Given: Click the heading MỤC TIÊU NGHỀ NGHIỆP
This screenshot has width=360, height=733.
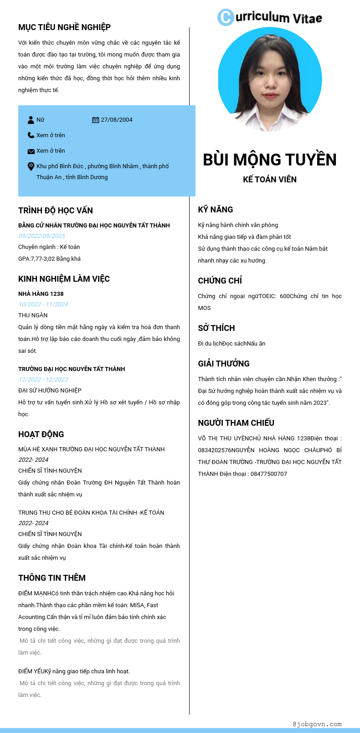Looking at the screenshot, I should [64, 27].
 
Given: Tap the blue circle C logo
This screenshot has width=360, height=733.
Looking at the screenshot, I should [226, 17].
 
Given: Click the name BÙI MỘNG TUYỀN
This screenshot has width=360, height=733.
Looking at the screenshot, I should [270, 160].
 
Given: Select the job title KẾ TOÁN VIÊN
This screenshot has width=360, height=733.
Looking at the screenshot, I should [270, 179].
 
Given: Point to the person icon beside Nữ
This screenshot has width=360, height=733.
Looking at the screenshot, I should [31, 120].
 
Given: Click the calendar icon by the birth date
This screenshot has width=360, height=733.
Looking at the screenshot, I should [95, 120].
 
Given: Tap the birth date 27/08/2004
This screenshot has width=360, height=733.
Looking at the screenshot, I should [117, 120].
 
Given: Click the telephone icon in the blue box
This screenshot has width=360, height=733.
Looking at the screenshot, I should [31, 135].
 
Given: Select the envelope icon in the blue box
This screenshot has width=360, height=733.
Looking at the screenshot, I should [31, 151].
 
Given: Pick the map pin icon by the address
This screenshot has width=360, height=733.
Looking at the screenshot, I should [31, 166].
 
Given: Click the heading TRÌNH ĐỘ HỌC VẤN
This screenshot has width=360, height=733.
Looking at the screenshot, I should [56, 211].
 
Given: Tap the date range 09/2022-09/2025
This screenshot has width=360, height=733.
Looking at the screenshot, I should [41, 236].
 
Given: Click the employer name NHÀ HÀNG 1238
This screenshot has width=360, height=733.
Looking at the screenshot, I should [41, 294].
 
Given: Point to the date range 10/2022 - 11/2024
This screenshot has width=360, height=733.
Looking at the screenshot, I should [43, 304].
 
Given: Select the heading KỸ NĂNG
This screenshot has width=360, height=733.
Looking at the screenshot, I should [216, 210].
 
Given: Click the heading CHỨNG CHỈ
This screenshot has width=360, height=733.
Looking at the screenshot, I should [220, 281].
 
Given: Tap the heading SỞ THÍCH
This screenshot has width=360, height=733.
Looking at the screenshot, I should [216, 328].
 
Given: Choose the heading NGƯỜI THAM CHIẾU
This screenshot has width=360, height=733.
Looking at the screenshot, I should [236, 423].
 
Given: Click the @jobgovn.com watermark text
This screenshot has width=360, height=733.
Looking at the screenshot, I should [317, 724].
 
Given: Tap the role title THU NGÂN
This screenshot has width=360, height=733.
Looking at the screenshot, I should [33, 315].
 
